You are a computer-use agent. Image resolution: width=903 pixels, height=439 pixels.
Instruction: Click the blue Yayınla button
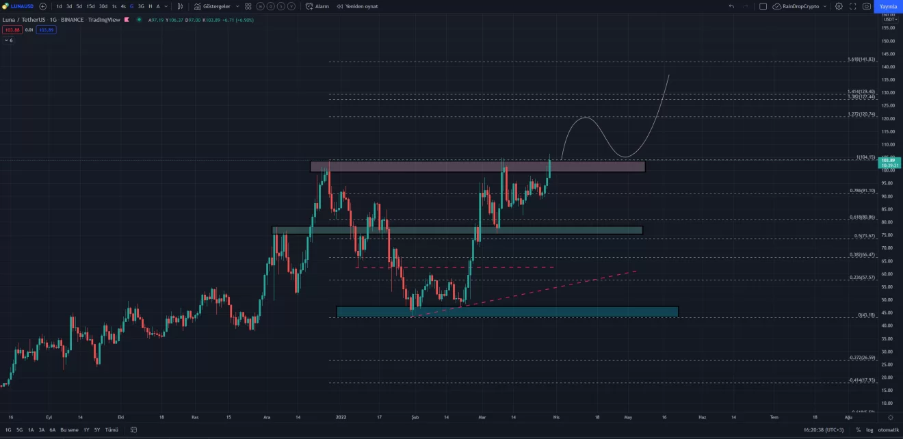[889, 6]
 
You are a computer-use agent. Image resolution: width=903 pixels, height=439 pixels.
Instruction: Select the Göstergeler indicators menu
[216, 6]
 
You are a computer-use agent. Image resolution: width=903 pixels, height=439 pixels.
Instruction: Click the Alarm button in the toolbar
[317, 6]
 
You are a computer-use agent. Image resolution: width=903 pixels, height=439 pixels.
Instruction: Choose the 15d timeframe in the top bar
[90, 6]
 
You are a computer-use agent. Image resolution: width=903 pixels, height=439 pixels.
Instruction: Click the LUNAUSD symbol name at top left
[22, 6]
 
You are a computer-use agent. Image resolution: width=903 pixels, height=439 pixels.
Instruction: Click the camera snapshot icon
[867, 6]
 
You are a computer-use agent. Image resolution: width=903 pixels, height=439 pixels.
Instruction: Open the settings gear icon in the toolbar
[839, 6]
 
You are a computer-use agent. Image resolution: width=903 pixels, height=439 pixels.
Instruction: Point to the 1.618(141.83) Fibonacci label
[861, 59]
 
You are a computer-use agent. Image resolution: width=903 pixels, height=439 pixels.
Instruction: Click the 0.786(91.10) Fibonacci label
[862, 191]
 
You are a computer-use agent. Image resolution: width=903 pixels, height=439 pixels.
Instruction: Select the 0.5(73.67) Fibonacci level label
[864, 236]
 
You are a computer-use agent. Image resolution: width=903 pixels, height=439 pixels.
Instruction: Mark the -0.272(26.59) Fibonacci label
[861, 358]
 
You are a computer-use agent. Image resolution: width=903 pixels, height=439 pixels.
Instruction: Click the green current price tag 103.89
[889, 160]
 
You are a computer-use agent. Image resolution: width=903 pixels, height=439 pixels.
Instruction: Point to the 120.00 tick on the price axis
[888, 119]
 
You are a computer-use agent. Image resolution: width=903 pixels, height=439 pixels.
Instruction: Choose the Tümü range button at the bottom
[112, 430]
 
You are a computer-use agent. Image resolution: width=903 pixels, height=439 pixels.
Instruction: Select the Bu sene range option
[69, 430]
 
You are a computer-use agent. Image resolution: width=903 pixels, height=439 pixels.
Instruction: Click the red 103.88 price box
[11, 30]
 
